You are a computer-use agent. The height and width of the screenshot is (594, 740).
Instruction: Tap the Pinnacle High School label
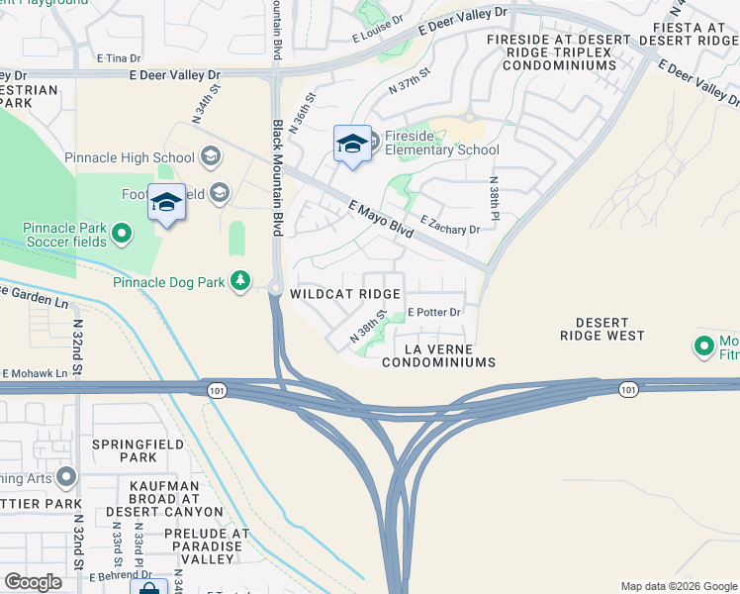tap(130, 157)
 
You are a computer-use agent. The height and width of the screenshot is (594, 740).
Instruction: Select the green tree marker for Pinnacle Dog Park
tap(239, 282)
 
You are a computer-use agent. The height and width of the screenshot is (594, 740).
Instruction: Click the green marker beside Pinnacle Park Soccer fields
tap(122, 234)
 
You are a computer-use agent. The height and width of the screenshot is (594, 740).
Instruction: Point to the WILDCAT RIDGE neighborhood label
tap(345, 294)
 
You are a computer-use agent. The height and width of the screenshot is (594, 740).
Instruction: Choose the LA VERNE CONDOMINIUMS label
tap(437, 356)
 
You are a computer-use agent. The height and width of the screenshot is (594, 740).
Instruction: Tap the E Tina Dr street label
tap(114, 58)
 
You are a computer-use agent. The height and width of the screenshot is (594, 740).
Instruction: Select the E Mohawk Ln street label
tap(35, 373)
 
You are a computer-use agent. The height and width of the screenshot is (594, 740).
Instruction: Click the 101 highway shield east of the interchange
tap(628, 390)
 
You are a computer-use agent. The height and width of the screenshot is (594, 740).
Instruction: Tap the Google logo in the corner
tap(33, 582)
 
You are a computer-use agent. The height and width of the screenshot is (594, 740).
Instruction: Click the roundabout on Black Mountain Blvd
tap(275, 288)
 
